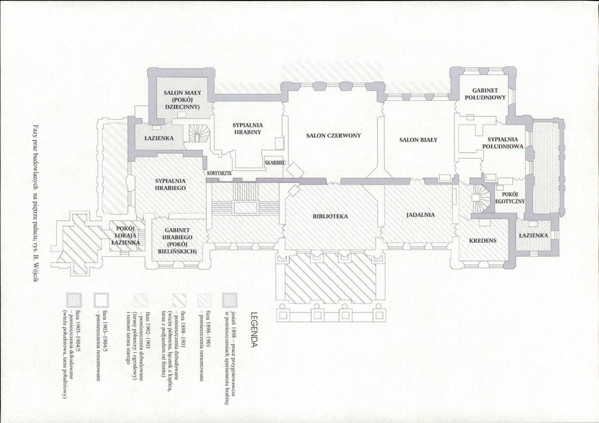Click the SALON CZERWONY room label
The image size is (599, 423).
pyautogui.click(x=333, y=135)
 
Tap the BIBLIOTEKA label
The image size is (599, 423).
pyautogui.click(x=330, y=216)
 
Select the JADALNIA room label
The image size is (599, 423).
pyautogui.click(x=420, y=214)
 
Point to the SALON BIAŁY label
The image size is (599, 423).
pyautogui.click(x=418, y=140)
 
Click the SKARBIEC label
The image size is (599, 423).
pyautogui.click(x=275, y=163)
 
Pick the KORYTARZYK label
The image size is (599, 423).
pyautogui.click(x=219, y=173)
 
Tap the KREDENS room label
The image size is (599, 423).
pyautogui.click(x=483, y=240)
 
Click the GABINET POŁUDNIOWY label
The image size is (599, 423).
pyautogui.click(x=485, y=94)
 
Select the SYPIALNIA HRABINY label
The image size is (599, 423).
pyautogui.click(x=247, y=128)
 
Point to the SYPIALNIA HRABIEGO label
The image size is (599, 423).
pyautogui.click(x=170, y=184)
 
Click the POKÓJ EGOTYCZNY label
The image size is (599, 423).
pyautogui.click(x=510, y=198)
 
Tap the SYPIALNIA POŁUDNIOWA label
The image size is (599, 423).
pyautogui.click(x=502, y=143)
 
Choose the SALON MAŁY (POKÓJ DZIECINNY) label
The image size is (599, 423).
pyautogui.click(x=182, y=99)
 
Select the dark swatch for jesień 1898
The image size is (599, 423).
pyautogui.click(x=229, y=300)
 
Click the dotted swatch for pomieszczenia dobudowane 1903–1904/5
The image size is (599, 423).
pyautogui.click(x=73, y=300)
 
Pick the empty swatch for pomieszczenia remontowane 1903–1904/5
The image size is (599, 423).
pyautogui.click(x=101, y=300)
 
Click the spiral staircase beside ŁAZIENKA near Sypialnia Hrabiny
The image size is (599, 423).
pyautogui.click(x=198, y=133)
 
